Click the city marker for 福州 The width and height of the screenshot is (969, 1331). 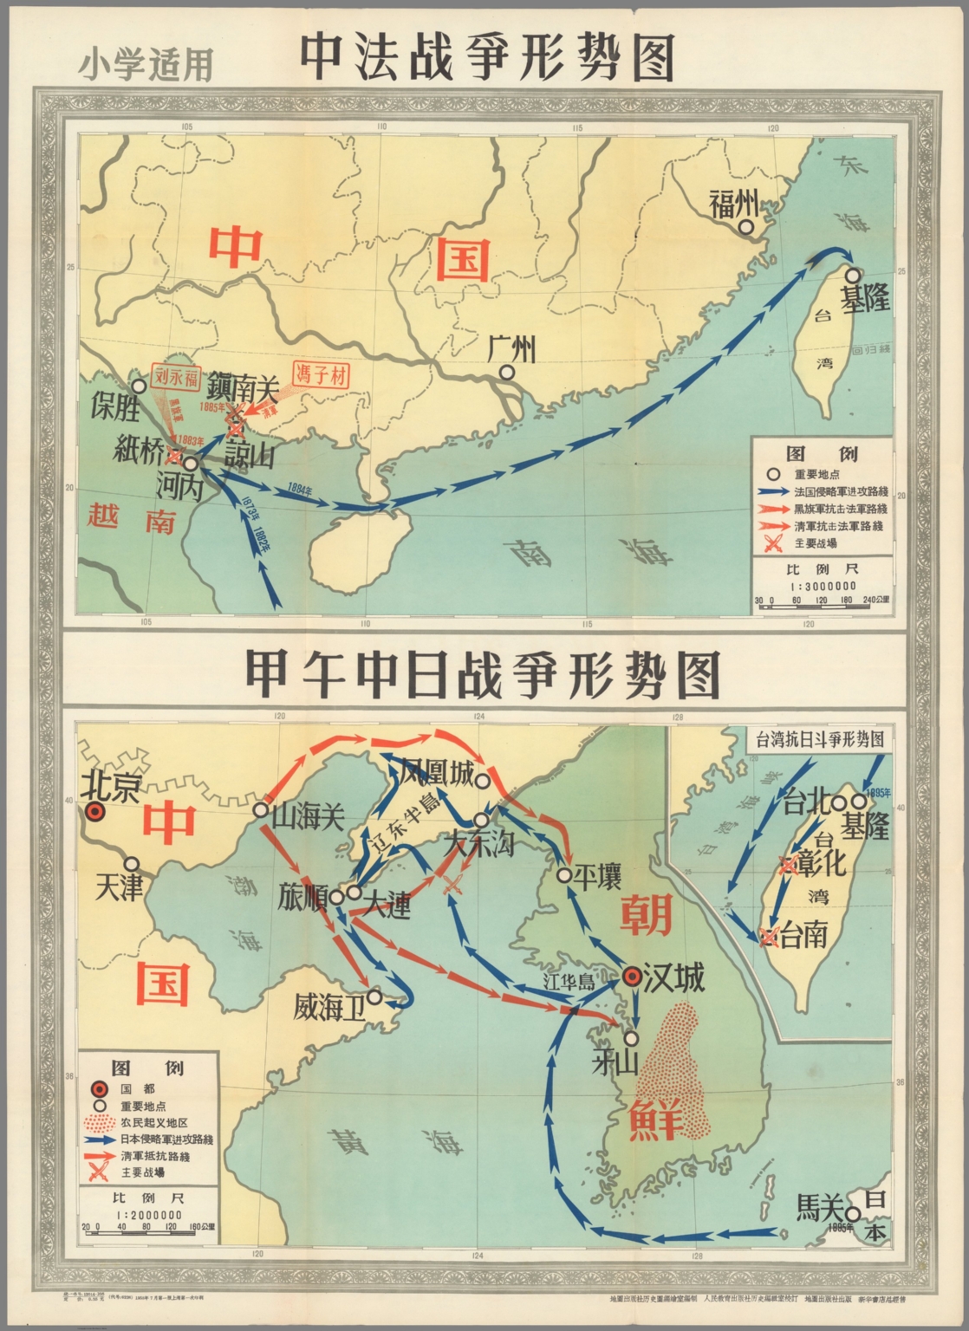pyautogui.click(x=745, y=227)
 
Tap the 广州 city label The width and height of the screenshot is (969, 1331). pyautogui.click(x=511, y=350)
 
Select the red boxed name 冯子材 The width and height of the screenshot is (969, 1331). pyautogui.click(x=321, y=374)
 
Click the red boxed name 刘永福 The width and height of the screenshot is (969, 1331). pyautogui.click(x=177, y=377)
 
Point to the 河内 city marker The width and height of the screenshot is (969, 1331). pyautogui.click(x=190, y=464)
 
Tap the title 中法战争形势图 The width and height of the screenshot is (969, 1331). pyautogui.click(x=487, y=59)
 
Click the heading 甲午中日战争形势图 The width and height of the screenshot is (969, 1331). pyautogui.click(x=483, y=673)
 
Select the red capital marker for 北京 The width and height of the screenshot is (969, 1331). pyautogui.click(x=94, y=812)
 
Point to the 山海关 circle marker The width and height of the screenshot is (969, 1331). pyautogui.click(x=260, y=809)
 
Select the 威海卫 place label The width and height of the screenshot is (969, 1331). pyautogui.click(x=329, y=1007)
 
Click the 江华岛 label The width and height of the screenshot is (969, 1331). pyautogui.click(x=568, y=983)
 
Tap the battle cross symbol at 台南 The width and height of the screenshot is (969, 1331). pyautogui.click(x=767, y=936)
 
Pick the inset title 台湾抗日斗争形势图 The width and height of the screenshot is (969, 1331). pyautogui.click(x=819, y=739)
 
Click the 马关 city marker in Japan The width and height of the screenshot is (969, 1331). pyautogui.click(x=853, y=1214)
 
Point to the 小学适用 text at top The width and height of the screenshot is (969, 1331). pyautogui.click(x=146, y=65)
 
